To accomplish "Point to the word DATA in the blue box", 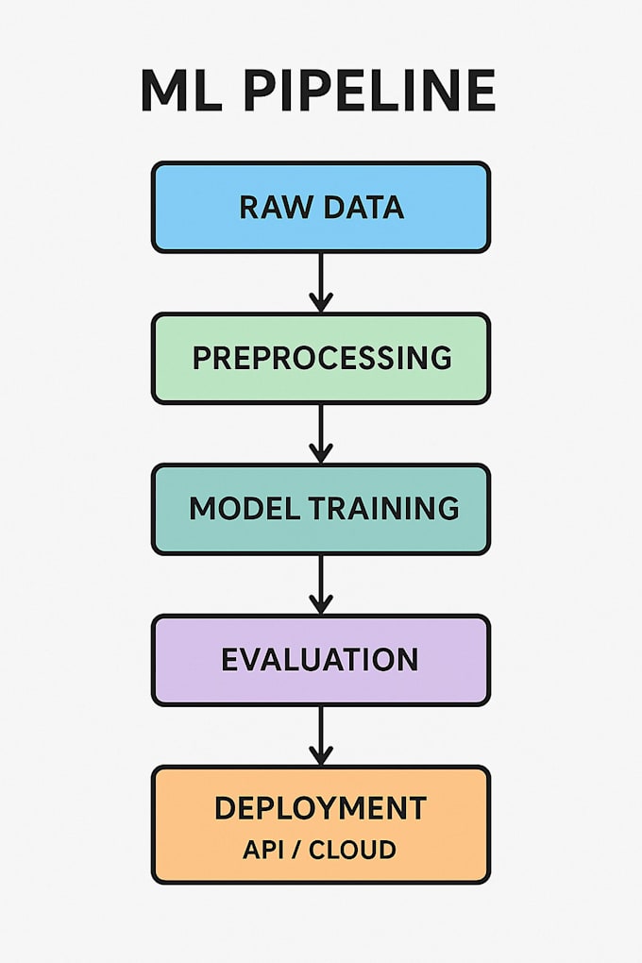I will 363,207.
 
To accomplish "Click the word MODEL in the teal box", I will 243,509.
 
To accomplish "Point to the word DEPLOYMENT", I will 321,809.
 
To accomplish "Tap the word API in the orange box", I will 262,850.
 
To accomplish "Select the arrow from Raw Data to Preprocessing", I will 321,282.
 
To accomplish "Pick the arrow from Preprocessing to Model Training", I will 321,433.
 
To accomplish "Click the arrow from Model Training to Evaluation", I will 321,584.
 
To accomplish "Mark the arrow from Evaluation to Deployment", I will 321,735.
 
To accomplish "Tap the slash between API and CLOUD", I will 296,850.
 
